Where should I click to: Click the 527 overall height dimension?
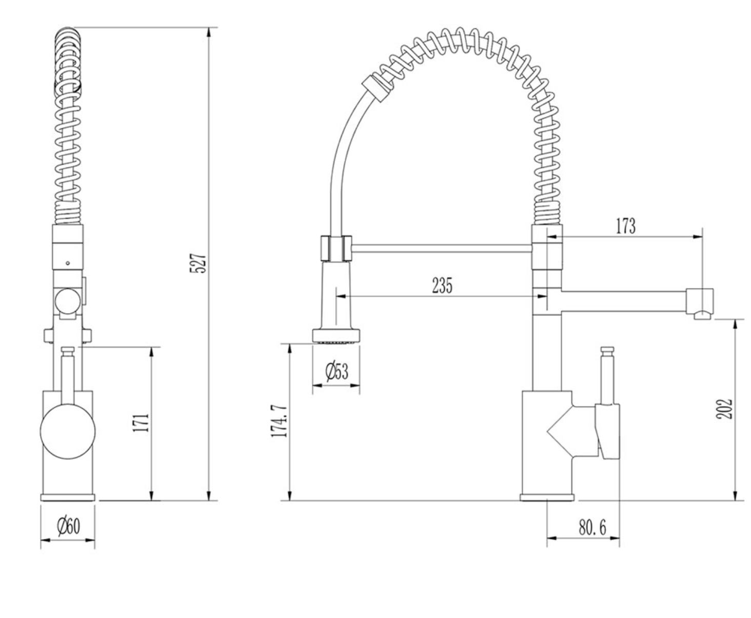pos(199,263)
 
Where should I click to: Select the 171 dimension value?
pos(142,423)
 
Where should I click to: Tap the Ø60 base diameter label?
pos(68,526)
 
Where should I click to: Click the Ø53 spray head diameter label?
pos(336,370)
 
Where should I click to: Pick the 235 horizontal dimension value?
pos(442,285)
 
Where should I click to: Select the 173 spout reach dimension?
pos(625,226)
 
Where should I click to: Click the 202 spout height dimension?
pos(724,409)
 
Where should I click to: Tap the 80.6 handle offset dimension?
pos(592,527)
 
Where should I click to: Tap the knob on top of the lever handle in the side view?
pos(607,352)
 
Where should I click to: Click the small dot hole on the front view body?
pos(68,263)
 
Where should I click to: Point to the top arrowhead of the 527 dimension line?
pos(209,32)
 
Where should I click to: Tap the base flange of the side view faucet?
pos(547,497)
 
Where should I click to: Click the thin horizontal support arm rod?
pos(441,249)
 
